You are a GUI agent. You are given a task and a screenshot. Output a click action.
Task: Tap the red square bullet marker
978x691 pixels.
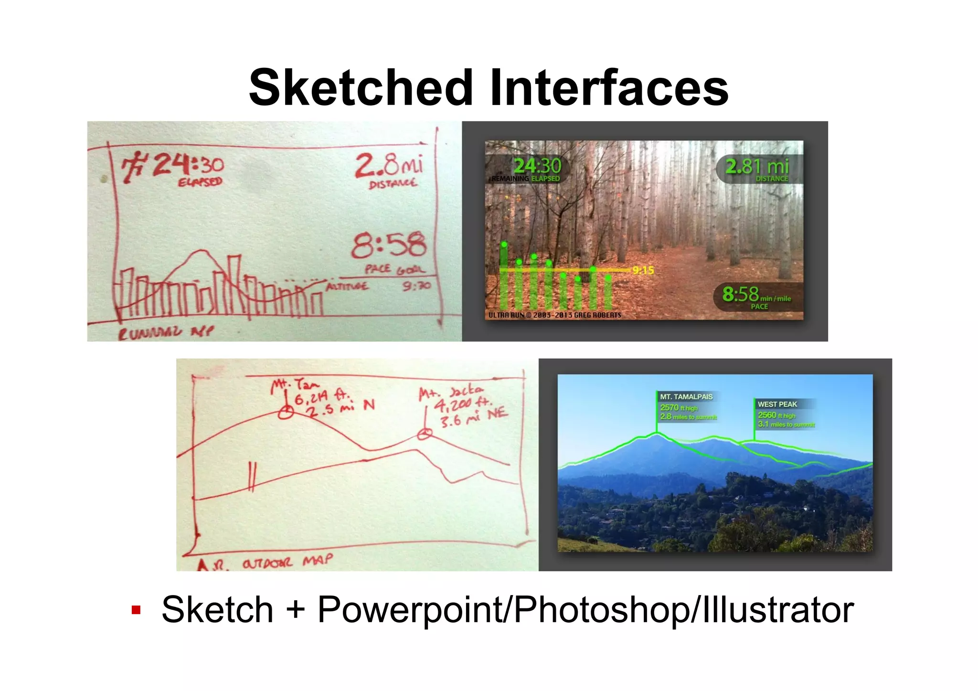pyautogui.click(x=136, y=610)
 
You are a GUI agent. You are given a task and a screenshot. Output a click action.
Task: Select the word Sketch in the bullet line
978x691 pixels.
pyautogui.click(x=217, y=610)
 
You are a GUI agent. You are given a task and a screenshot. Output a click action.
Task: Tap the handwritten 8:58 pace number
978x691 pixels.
pyautogui.click(x=388, y=245)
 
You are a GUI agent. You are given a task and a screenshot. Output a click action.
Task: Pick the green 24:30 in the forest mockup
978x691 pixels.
pyautogui.click(x=537, y=166)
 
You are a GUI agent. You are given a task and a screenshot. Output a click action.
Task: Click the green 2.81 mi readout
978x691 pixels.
pyautogui.click(x=757, y=166)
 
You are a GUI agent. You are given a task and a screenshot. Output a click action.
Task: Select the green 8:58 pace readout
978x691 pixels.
pyautogui.click(x=740, y=294)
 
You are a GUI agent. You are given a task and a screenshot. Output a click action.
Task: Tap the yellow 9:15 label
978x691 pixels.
pyautogui.click(x=643, y=270)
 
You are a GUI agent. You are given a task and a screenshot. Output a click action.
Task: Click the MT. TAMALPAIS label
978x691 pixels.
pyautogui.click(x=686, y=397)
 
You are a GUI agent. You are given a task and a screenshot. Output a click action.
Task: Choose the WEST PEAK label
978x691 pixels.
pyautogui.click(x=777, y=404)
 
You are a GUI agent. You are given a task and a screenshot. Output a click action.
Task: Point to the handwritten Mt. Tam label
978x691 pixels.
pyautogui.click(x=295, y=384)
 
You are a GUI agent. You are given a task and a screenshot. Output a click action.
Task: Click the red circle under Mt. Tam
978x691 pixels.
pyautogui.click(x=286, y=412)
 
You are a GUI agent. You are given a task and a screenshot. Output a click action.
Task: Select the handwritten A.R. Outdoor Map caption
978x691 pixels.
pyautogui.click(x=265, y=563)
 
